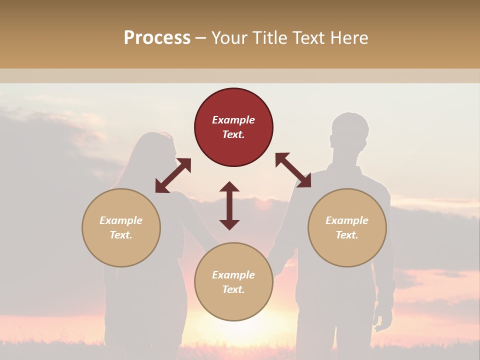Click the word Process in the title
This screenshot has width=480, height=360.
(x=157, y=37)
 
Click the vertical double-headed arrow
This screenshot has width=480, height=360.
(x=229, y=205)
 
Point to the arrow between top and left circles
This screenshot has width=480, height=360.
(x=173, y=175)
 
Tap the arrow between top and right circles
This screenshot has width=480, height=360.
(x=293, y=170)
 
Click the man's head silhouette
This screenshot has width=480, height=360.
(x=350, y=132)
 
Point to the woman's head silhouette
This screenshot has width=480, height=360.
(x=155, y=150)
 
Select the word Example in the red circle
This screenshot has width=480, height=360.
(x=233, y=120)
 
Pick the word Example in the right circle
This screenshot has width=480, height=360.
(x=347, y=220)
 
